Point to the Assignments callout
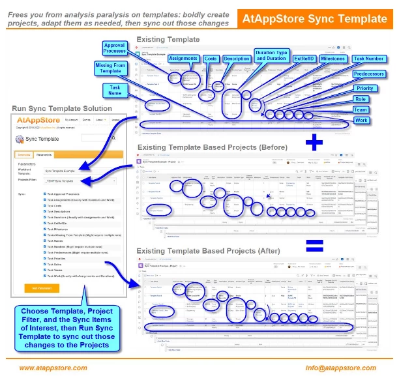(x=183, y=57)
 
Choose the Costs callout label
(x=211, y=57)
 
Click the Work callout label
(x=361, y=121)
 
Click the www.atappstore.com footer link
(x=53, y=368)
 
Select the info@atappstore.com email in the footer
(x=341, y=368)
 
